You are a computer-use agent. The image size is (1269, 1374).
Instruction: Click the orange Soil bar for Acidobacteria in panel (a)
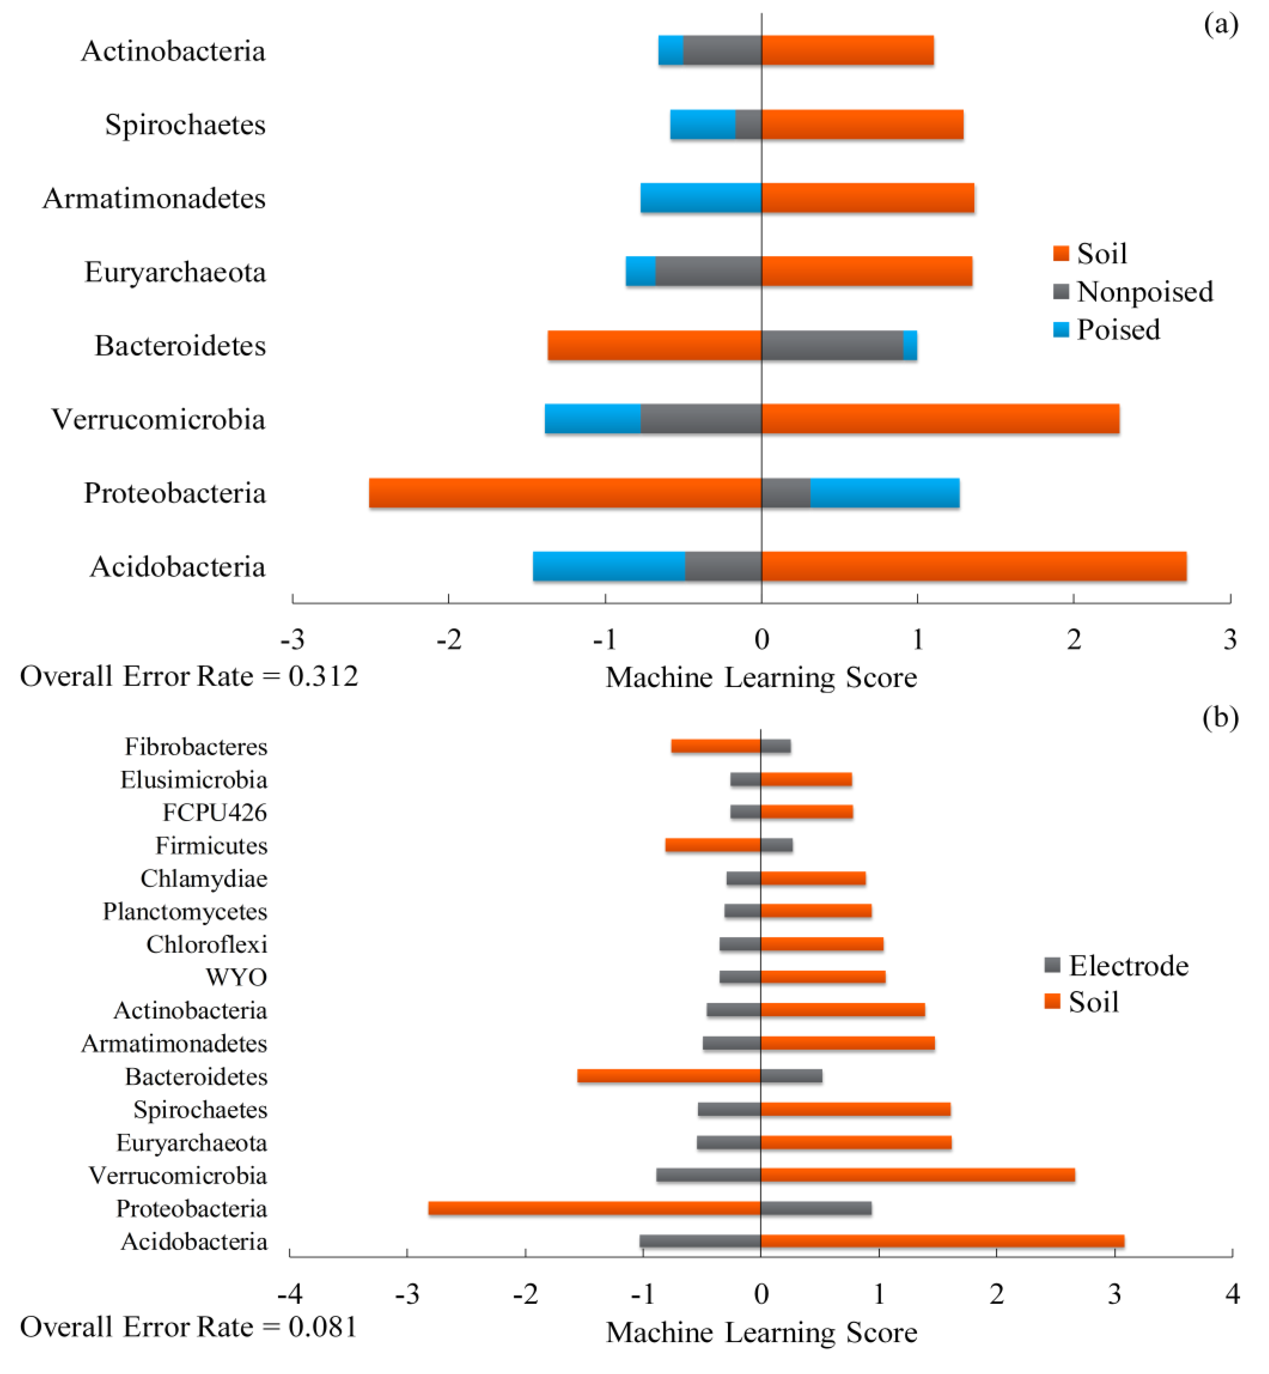(x=974, y=566)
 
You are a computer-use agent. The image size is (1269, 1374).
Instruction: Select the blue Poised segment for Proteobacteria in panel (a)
(x=884, y=493)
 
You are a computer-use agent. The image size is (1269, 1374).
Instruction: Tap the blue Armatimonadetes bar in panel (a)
(x=701, y=198)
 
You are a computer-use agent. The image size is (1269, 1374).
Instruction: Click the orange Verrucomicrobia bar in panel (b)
(x=917, y=1175)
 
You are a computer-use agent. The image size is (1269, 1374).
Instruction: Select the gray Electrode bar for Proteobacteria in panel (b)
(x=816, y=1208)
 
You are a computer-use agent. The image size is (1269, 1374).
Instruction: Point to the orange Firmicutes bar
(x=713, y=845)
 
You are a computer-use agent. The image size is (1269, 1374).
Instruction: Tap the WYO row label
(x=236, y=977)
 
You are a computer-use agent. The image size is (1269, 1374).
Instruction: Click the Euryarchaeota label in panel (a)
(x=175, y=272)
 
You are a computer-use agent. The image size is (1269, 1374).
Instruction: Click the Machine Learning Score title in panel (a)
(x=761, y=677)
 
